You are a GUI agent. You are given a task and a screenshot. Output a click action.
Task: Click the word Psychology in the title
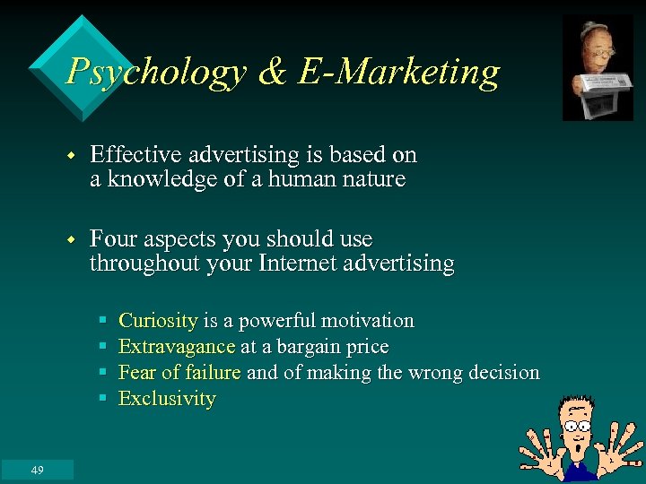(156, 72)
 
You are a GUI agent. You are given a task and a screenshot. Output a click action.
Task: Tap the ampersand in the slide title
(271, 72)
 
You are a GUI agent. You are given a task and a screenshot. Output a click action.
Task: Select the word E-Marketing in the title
(398, 72)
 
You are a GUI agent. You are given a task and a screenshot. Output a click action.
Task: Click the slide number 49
(37, 471)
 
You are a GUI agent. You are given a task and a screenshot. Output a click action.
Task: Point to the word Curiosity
(158, 321)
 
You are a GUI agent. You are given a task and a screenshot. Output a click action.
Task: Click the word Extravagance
(177, 347)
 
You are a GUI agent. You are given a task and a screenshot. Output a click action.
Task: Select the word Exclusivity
(167, 399)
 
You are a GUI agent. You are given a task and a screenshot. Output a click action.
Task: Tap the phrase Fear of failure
(179, 373)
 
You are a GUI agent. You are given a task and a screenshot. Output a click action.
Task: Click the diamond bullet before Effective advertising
(74, 156)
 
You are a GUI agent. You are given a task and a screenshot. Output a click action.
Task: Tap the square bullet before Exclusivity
(104, 399)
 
